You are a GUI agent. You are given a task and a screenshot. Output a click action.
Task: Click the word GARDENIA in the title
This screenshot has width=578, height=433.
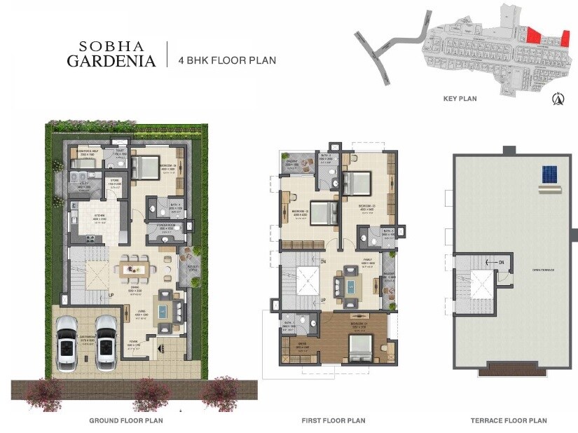[111, 61]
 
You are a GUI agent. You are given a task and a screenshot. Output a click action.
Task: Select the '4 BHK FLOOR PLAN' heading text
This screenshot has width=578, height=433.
[226, 60]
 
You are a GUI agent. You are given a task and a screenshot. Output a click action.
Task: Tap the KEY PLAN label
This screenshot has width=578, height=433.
[460, 99]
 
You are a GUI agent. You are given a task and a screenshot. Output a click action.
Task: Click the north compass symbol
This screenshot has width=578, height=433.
[559, 99]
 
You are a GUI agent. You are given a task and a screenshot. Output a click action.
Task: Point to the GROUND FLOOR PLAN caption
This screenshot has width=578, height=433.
[126, 420]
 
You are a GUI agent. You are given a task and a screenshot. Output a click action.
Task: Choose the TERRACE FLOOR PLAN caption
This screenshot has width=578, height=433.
[509, 420]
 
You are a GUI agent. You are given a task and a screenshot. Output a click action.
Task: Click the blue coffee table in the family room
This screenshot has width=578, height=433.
[348, 286]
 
